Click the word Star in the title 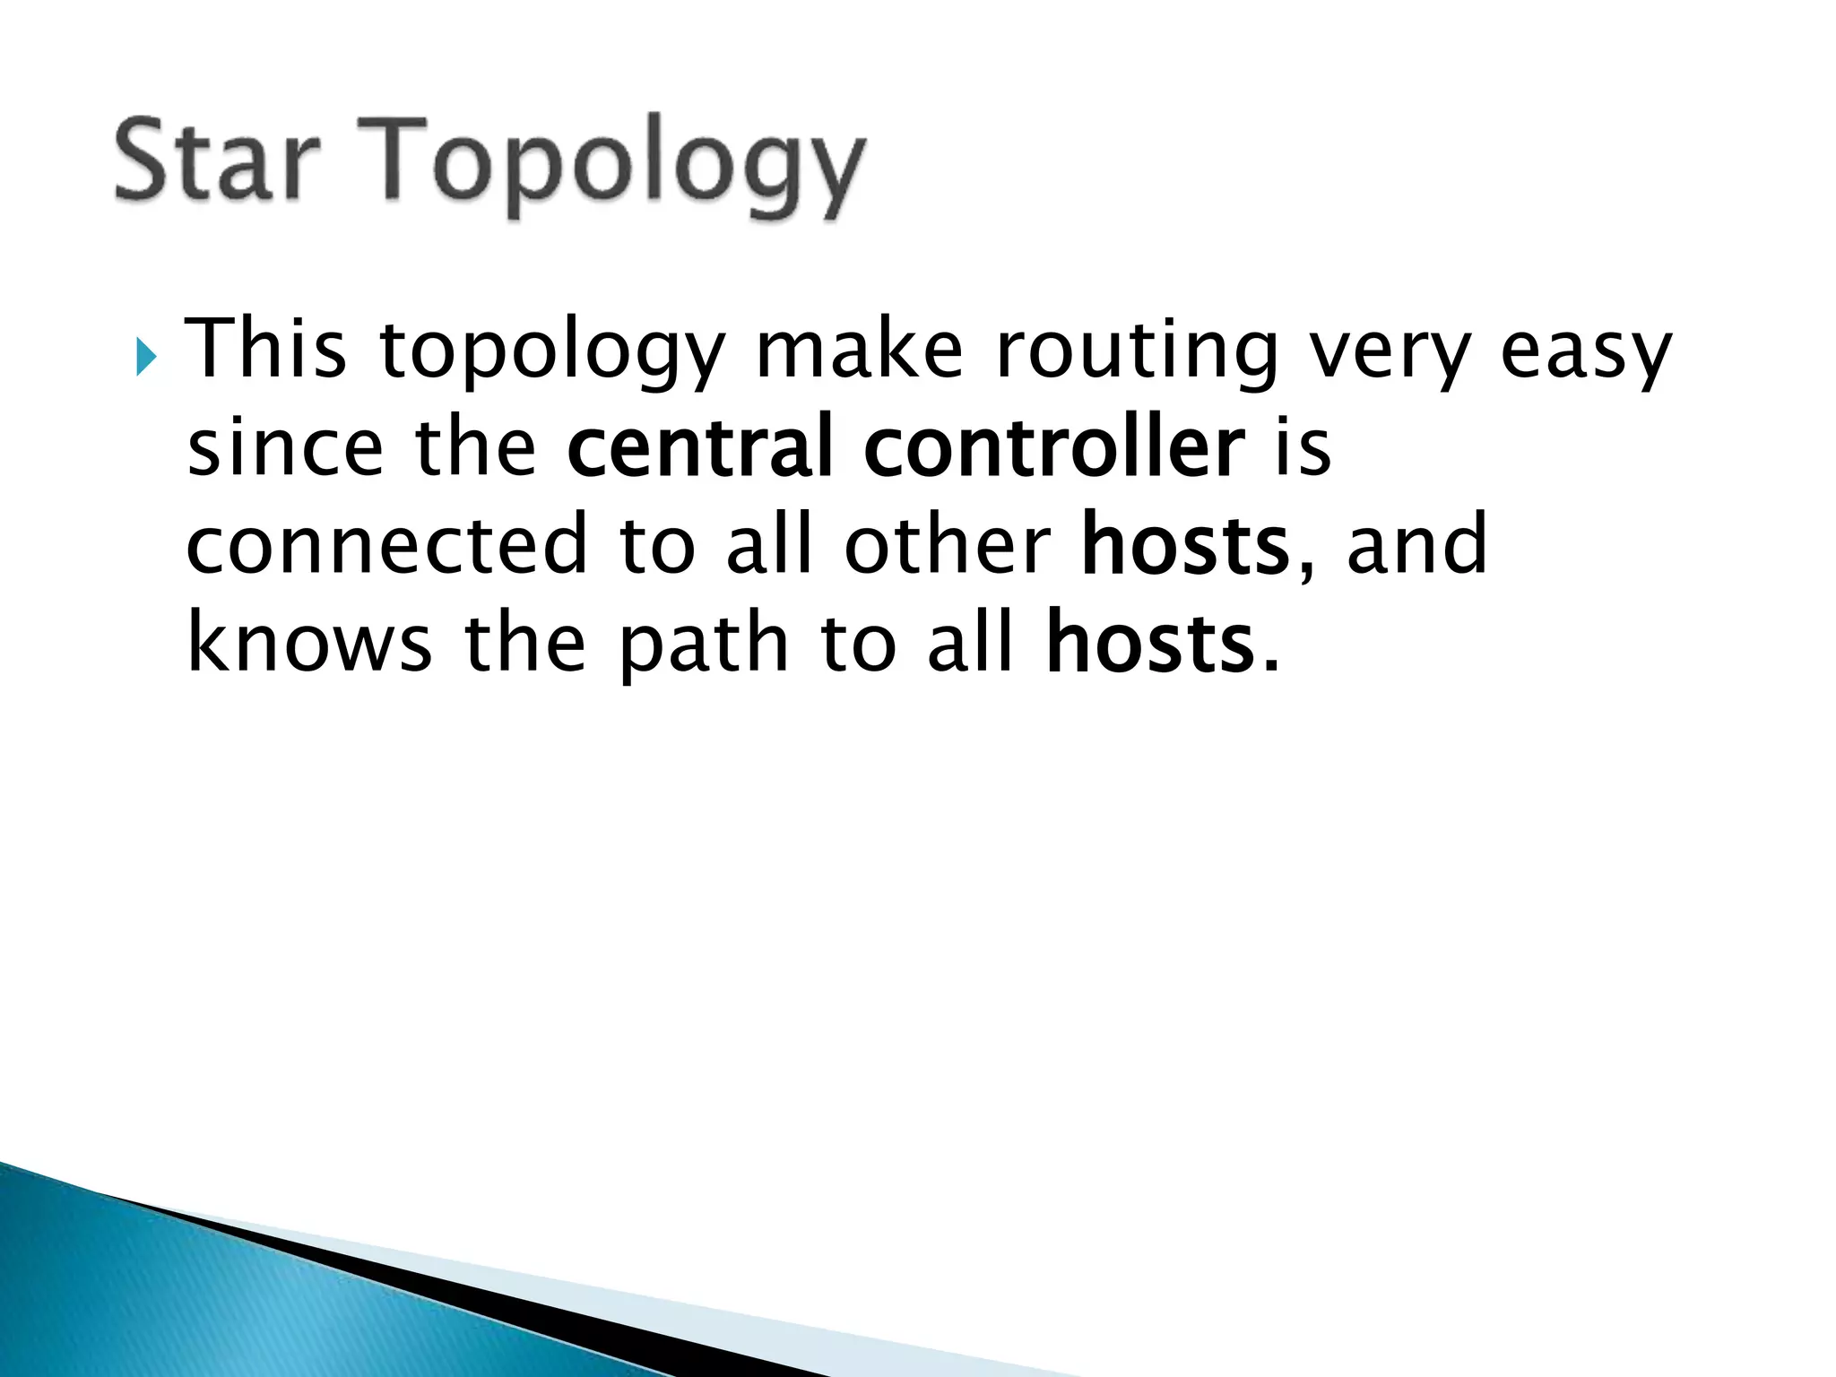[x=217, y=162]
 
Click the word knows [x=310, y=642]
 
